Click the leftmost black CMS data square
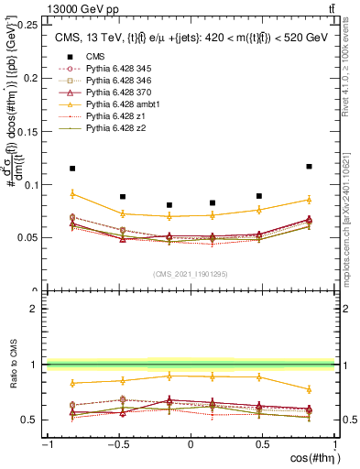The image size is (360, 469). pos(72,169)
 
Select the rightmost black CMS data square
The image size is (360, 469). pos(309,167)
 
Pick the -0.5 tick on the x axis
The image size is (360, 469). pos(119,445)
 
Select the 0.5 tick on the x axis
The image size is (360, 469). pos(262,445)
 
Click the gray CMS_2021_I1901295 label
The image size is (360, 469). pos(191,274)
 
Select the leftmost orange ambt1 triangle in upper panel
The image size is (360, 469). pos(72,194)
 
